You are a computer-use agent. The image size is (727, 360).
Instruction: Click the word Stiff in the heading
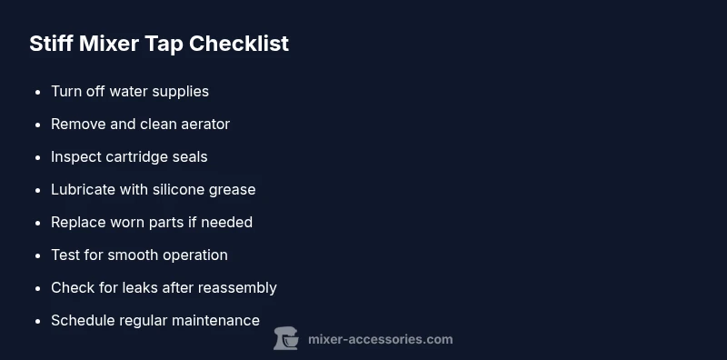[49, 43]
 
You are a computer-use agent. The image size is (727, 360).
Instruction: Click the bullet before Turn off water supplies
[37, 92]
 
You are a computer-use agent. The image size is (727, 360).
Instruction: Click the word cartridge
[140, 156]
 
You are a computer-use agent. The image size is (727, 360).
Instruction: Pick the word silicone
[185, 189]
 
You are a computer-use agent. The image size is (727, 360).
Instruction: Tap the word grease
[234, 190]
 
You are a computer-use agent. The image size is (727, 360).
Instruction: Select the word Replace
[79, 222]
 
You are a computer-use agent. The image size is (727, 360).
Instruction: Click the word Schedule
[83, 320]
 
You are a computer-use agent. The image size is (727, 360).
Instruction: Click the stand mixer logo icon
[286, 339]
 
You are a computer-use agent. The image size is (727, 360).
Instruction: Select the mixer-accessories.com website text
[381, 339]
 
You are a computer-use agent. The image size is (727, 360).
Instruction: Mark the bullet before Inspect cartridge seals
[37, 157]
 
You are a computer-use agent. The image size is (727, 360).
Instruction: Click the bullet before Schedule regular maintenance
[37, 321]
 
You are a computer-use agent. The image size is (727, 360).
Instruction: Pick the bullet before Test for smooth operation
[37, 255]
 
